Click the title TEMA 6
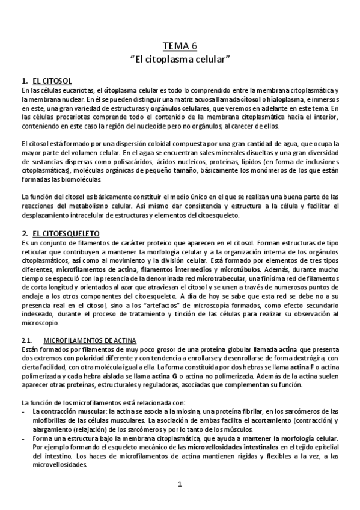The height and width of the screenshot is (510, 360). pyautogui.click(x=180, y=46)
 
